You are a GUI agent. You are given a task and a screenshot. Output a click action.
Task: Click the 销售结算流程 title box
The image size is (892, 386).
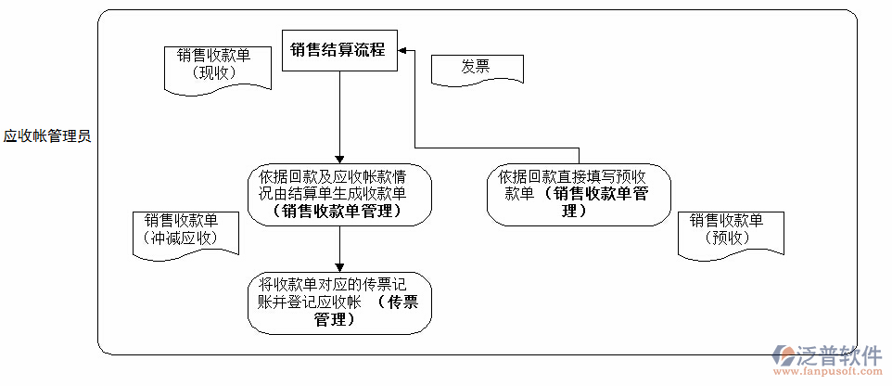point(339,50)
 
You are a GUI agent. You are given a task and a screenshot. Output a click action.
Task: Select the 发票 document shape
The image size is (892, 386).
point(476,68)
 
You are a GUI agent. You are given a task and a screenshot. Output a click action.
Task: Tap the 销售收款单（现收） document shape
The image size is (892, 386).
point(213,67)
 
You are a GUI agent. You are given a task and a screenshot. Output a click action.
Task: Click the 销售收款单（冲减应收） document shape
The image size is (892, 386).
point(181,231)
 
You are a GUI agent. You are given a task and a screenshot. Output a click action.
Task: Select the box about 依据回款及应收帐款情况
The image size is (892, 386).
point(340,194)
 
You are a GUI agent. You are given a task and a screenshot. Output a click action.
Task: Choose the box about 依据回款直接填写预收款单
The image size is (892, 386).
point(579,194)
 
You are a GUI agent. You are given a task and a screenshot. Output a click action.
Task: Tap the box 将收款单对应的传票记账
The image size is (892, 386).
point(340,302)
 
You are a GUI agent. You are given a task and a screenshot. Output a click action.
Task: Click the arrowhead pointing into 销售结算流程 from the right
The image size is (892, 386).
point(404,52)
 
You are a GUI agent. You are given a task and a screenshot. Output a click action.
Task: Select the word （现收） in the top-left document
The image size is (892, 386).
point(213,74)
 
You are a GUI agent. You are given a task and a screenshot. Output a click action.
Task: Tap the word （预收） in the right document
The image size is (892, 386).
point(733,238)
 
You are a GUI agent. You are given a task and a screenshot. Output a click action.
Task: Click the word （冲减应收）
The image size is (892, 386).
point(181,238)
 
